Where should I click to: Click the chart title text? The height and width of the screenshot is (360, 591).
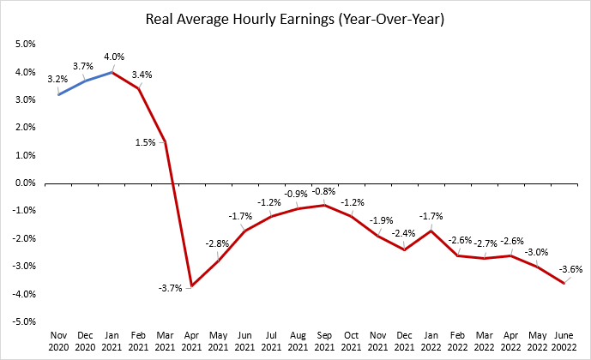295,19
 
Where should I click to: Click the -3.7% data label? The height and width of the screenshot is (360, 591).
170,289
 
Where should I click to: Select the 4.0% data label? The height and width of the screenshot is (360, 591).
114,57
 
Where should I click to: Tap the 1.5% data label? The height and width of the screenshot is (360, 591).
146,143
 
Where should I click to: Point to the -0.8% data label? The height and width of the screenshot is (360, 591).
323,192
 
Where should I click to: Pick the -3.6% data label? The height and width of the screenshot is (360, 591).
570,270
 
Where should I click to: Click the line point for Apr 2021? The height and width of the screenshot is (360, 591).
191,285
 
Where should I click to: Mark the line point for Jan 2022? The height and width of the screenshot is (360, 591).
431,231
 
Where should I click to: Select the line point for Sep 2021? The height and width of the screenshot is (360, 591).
324,205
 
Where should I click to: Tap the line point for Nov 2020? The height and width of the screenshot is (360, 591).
58,94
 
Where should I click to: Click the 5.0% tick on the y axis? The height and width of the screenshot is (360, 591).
25,44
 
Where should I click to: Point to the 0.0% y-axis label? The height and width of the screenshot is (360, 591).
25,183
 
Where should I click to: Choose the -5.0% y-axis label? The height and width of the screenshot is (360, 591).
24,322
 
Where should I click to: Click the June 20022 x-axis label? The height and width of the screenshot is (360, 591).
564,341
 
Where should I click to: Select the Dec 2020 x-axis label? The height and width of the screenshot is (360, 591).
85,341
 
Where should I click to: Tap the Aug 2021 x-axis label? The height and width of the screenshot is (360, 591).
298,341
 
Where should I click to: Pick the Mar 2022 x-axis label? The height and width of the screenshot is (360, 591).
484,341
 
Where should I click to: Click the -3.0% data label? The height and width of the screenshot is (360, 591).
536,252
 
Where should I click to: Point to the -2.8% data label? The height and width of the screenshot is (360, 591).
217,244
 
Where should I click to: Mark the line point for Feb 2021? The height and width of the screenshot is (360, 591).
139,88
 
